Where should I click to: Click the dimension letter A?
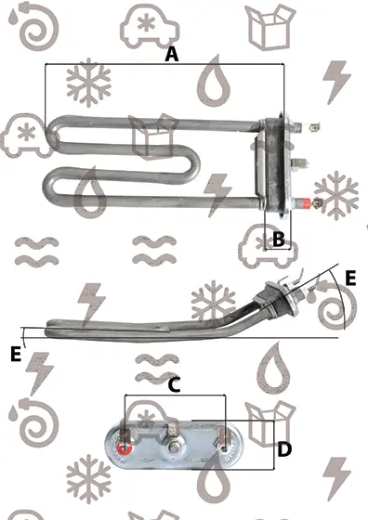pos(172,55)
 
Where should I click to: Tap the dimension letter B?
pos(279,239)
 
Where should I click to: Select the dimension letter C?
pos(174,385)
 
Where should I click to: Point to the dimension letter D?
pos(284,449)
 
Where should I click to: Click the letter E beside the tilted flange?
pos(350,278)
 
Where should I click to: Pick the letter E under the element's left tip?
pos(16,354)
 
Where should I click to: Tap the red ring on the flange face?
pos(125,448)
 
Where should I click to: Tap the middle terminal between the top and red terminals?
pos(299,162)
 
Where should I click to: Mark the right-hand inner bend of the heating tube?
pos(193,163)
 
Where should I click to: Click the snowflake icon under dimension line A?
pos(88,83)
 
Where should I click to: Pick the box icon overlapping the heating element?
pos(153,136)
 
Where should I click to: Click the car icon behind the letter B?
pos(268,246)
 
